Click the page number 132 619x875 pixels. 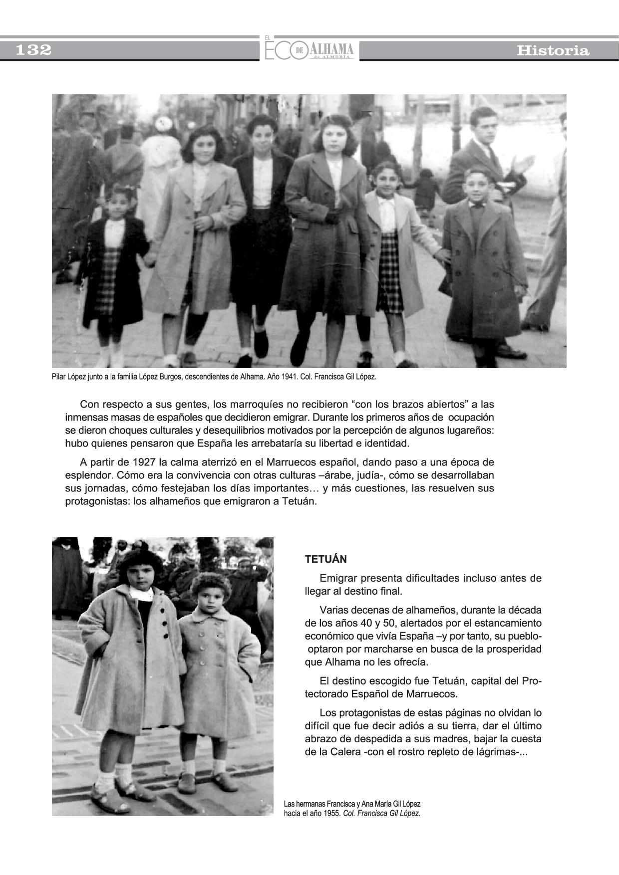34,50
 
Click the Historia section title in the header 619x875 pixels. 553,50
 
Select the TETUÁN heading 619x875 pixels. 325,559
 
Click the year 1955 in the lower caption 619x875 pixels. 331,813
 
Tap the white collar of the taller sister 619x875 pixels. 141,593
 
